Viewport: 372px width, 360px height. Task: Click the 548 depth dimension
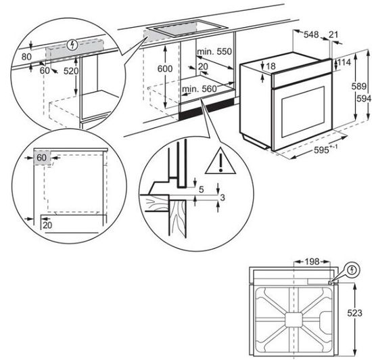pyautogui.click(x=310, y=33)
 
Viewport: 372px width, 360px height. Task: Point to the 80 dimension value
pyautogui.click(x=26, y=58)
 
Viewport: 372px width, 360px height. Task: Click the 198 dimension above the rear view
pyautogui.click(x=310, y=260)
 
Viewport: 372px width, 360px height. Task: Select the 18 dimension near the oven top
pyautogui.click(x=271, y=66)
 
